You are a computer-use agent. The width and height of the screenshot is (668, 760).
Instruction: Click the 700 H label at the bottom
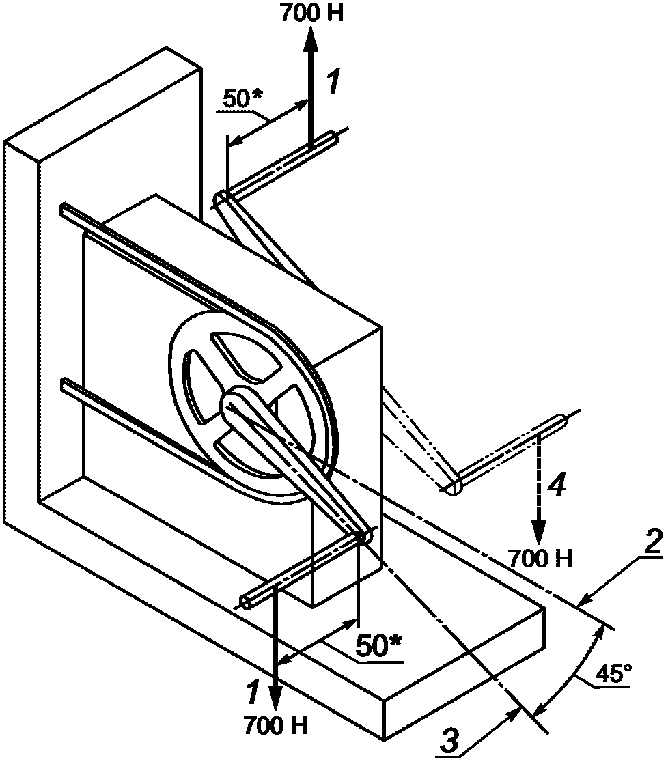point(276,726)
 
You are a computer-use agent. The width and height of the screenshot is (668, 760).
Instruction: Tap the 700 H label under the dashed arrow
point(540,559)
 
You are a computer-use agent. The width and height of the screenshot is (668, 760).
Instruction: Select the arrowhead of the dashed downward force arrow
point(539,533)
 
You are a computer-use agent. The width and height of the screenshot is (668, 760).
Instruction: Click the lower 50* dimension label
point(379,645)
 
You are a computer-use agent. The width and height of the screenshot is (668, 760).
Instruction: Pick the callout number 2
point(651,543)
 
